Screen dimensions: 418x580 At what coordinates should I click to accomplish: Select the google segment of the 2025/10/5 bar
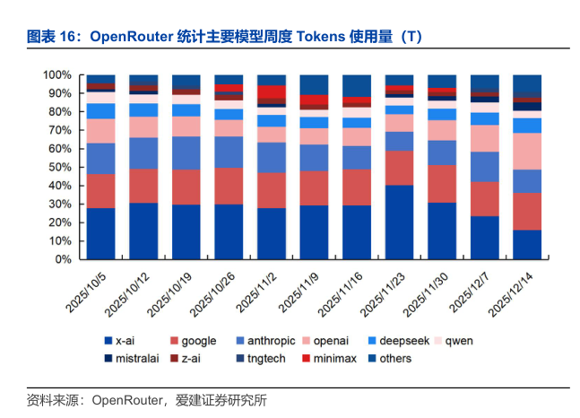[101, 191]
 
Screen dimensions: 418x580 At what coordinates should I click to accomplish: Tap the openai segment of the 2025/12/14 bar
[527, 151]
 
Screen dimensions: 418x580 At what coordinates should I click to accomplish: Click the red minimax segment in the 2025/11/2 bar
[272, 91]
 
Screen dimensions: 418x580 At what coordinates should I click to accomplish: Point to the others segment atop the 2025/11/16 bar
[357, 84]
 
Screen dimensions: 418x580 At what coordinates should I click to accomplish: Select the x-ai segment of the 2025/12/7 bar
[485, 238]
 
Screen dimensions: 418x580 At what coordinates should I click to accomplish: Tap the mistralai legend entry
[134, 358]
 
